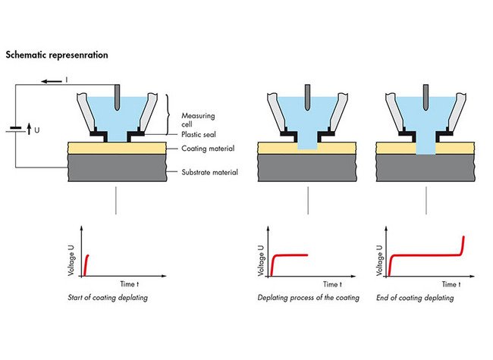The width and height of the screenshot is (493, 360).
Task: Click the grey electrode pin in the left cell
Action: click(x=115, y=95)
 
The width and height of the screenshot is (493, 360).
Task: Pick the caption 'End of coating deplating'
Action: click(x=416, y=298)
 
